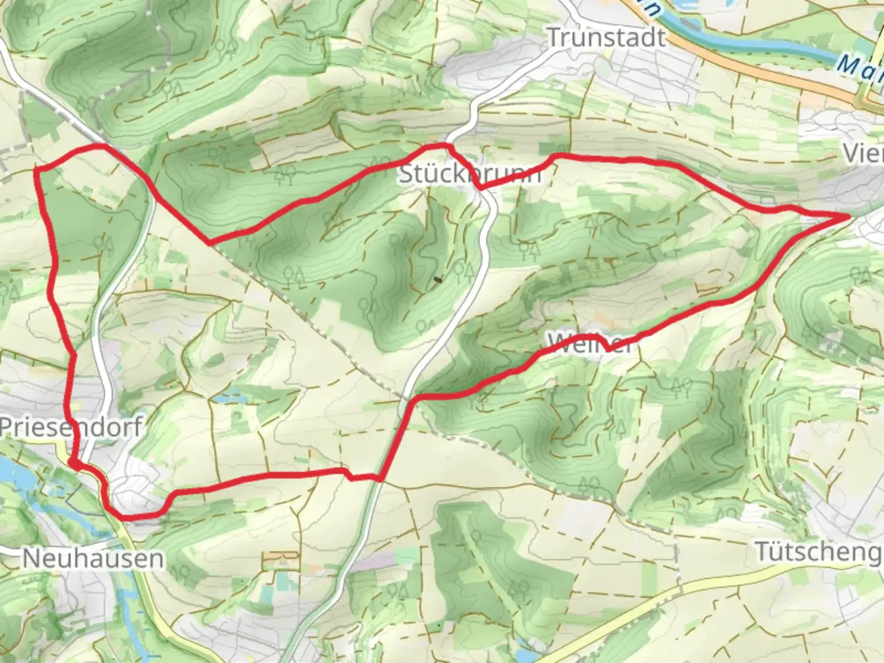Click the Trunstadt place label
click(605, 37)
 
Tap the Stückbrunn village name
click(470, 174)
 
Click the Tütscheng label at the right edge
click(818, 551)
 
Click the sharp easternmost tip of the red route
click(849, 216)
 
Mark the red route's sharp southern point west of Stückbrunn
click(211, 242)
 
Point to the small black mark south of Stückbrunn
click(437, 280)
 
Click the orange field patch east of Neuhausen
click(279, 559)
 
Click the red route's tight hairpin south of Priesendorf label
click(72, 462)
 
